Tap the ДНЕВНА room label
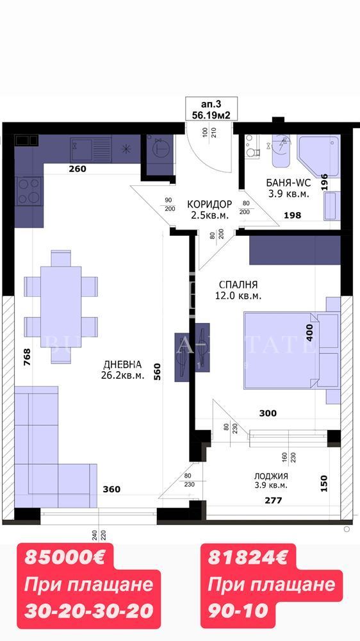(122, 370)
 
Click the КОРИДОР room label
(209, 210)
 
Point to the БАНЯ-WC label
(288, 187)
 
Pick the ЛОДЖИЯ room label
(270, 480)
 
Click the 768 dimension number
(26, 356)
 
